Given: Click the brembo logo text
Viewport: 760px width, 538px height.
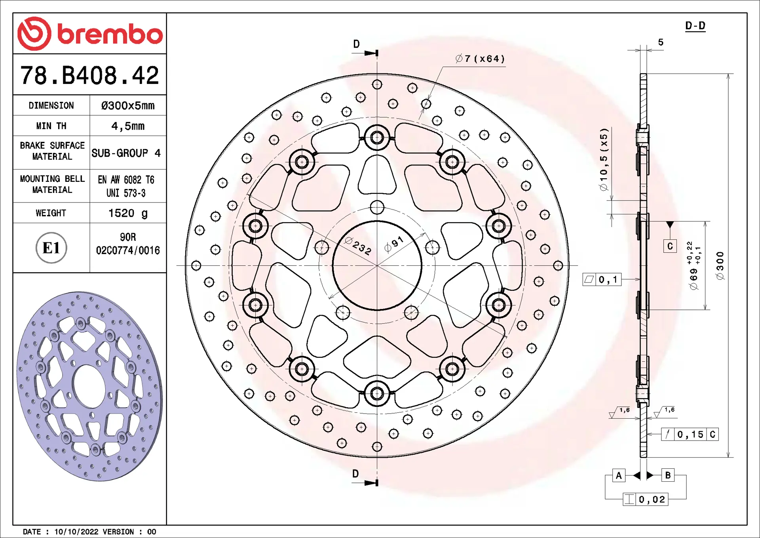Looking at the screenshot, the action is pyautogui.click(x=110, y=34).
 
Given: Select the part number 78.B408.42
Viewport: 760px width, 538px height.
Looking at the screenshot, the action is pyautogui.click(x=89, y=75).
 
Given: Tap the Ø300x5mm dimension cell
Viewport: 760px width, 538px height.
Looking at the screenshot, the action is pyautogui.click(x=128, y=105).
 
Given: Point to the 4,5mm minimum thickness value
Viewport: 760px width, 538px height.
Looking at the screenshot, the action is pyautogui.click(x=128, y=126).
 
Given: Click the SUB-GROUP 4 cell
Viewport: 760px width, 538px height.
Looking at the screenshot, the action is pyautogui.click(x=126, y=153).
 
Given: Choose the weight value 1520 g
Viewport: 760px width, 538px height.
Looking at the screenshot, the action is pyautogui.click(x=128, y=213).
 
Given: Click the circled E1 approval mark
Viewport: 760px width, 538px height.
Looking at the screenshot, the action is pyautogui.click(x=51, y=248).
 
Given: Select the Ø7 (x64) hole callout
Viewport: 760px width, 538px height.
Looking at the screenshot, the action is pyautogui.click(x=480, y=59).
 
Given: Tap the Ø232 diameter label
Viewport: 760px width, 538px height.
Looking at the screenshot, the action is pyautogui.click(x=358, y=246).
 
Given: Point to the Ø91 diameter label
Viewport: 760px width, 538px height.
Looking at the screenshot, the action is pyautogui.click(x=394, y=244).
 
